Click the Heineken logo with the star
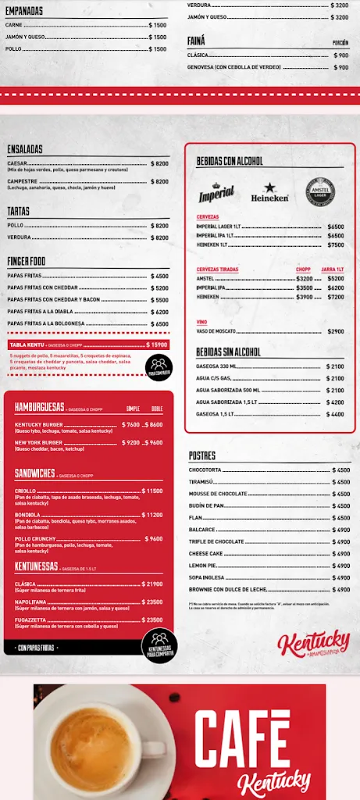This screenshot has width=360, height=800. tap(269, 192)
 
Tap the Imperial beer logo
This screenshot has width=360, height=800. tap(216, 192)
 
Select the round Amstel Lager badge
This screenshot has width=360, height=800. tap(319, 191)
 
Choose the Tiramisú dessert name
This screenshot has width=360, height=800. tap(202, 482)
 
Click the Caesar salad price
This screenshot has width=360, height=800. tap(159, 163)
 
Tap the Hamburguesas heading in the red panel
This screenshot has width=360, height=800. tap(39, 408)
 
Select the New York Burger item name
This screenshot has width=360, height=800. tap(38, 442)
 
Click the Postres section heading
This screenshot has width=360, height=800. tap(202, 455)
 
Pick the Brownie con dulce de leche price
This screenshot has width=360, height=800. tap(341, 590)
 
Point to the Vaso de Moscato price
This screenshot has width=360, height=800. tap(336, 331)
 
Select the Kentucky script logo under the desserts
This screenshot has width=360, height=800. tap(314, 645)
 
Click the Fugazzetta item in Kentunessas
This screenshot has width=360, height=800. tap(32, 620)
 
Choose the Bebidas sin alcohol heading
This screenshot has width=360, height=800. tap(229, 352)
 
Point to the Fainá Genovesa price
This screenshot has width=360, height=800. tap(341, 67)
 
